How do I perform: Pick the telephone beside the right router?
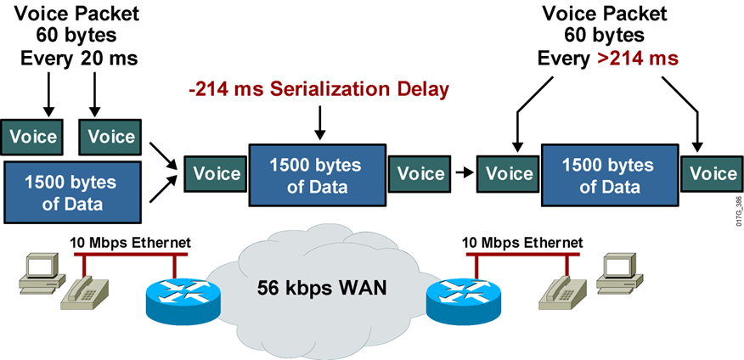563,295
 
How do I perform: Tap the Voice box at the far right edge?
713,174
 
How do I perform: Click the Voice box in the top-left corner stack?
33,136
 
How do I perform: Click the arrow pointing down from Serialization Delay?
319,123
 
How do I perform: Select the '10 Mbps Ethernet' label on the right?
522,243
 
